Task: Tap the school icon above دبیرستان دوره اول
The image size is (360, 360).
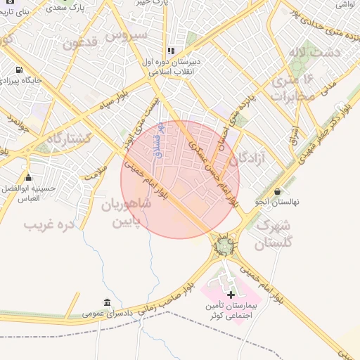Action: pos(171,51)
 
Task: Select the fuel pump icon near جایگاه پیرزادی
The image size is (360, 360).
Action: pos(18,70)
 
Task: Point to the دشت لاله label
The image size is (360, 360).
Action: pos(319,52)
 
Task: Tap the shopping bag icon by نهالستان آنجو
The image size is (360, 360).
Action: pos(278,191)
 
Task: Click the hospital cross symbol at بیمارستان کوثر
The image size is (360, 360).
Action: pos(231,295)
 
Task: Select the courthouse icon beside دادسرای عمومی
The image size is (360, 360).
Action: pos(107,303)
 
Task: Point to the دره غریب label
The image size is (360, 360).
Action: pos(49,225)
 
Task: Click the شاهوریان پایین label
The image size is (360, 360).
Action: pos(127,213)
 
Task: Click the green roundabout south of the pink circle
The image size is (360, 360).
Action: pos(224,246)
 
